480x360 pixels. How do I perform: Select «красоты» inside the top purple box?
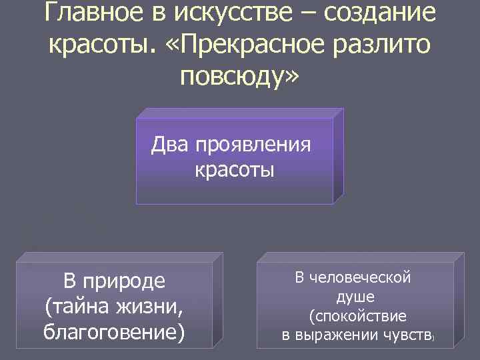click(x=235, y=169)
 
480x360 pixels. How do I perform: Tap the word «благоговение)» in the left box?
click(x=113, y=330)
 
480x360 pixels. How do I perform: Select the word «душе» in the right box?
click(x=355, y=295)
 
